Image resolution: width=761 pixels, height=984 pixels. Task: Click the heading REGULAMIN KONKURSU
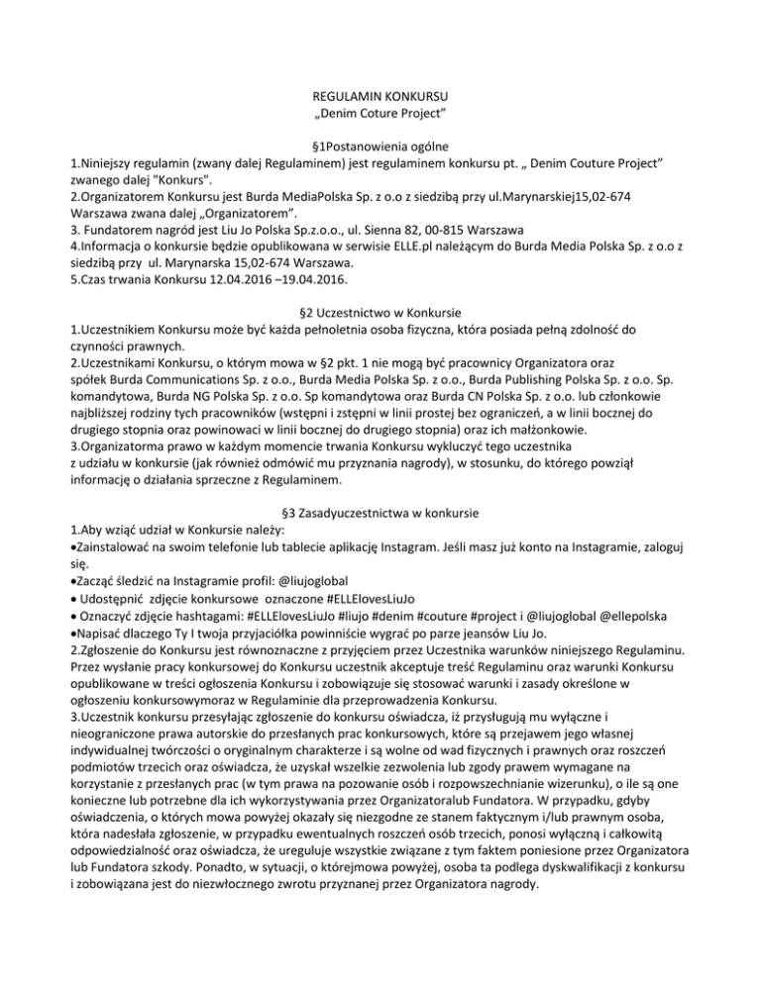point(380,97)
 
